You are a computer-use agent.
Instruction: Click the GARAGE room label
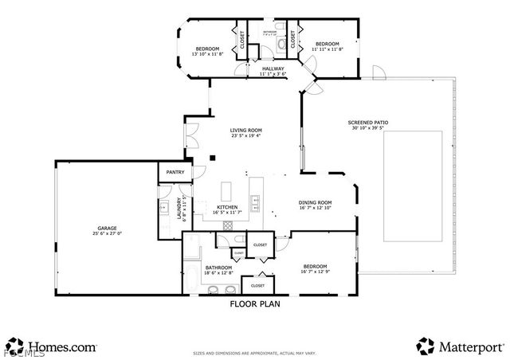(x=107, y=228)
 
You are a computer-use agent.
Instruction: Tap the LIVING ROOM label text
(x=246, y=130)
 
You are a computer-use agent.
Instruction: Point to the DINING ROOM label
(x=315, y=202)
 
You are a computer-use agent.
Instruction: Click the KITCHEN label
(x=227, y=208)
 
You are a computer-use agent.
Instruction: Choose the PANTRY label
(x=175, y=172)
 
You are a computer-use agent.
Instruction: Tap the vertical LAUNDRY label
(x=179, y=209)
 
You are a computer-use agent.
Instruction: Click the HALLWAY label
(x=273, y=68)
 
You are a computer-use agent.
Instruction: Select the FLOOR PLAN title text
(x=254, y=303)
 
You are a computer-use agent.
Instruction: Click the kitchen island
(x=226, y=191)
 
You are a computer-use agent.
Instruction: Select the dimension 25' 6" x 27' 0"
(x=107, y=234)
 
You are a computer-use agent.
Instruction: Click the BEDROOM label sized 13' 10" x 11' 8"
(x=207, y=49)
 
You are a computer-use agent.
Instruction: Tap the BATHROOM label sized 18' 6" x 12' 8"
(x=218, y=268)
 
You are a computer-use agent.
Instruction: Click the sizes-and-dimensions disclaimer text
(x=254, y=353)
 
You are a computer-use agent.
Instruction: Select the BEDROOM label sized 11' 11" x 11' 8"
(x=327, y=43)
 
